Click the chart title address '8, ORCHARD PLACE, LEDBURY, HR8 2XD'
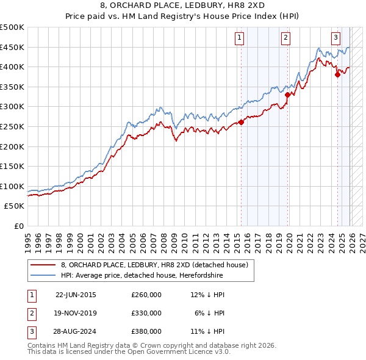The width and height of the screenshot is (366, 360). [182, 6]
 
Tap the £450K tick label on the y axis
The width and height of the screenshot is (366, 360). [12, 47]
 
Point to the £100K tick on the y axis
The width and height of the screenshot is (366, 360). [12, 186]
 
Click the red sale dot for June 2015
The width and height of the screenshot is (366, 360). [241, 122]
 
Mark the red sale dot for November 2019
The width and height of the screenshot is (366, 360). [287, 95]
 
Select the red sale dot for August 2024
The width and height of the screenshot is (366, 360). [337, 75]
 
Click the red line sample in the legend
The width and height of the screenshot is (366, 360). [43, 265]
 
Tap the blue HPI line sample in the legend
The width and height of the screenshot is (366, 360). [43, 276]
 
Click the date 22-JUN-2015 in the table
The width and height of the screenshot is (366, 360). [76, 295]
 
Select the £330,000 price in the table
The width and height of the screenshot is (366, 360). [146, 312]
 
